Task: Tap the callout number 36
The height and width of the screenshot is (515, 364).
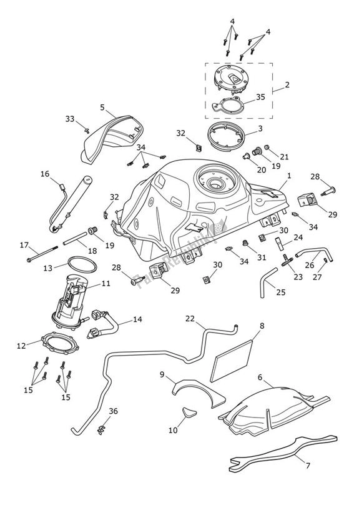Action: pyautogui.click(x=113, y=411)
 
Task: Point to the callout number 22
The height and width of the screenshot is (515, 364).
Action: pyautogui.click(x=190, y=319)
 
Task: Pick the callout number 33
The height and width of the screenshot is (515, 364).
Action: pyautogui.click(x=70, y=118)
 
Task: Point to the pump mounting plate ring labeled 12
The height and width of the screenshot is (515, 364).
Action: pyautogui.click(x=60, y=346)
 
